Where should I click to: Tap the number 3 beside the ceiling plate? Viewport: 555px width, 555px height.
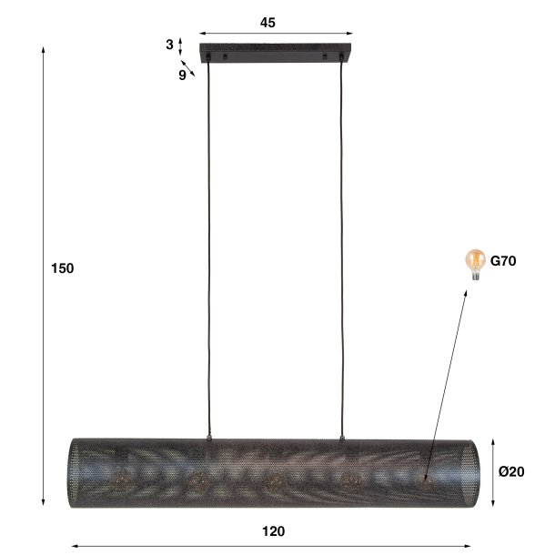coord(169,45)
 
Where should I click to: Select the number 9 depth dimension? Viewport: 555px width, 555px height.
coord(182,76)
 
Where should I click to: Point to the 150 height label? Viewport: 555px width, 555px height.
coord(62,268)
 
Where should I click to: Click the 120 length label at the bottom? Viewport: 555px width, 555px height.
coord(273,531)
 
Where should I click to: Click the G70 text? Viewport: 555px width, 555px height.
coord(503,261)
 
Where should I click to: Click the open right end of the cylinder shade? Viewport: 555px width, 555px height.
coord(468,472)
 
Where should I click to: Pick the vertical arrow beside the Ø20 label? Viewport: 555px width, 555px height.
coord(493,472)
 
